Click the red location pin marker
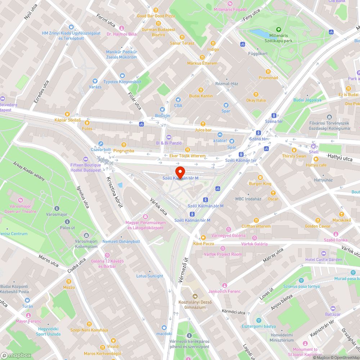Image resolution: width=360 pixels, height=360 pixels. [x=180, y=172]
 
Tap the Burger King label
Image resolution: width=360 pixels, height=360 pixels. [x=260, y=184]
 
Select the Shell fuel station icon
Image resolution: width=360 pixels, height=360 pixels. [x=314, y=146]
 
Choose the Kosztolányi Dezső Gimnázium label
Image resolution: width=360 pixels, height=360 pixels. [x=195, y=305]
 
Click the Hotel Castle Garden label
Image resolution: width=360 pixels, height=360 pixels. [x=324, y=260]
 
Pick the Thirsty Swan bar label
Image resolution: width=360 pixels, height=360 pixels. [x=294, y=156]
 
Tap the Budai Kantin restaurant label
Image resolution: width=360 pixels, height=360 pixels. [x=201, y=96]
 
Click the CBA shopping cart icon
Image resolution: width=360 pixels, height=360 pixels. [x=178, y=100]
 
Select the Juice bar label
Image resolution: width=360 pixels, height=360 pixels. [x=203, y=130]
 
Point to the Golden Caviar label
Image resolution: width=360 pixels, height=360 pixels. [x=318, y=226]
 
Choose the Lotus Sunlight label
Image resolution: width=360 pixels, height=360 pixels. [x=150, y=276]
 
